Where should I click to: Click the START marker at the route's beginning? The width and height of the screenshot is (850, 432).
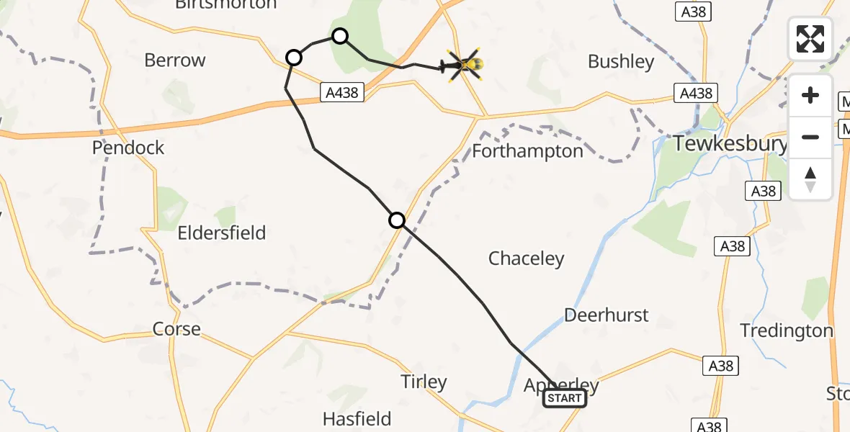(565, 398)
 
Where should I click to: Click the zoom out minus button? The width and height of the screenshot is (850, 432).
(810, 137)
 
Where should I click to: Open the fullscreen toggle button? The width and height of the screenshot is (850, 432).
(810, 39)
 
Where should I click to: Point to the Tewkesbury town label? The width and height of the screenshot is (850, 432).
(730, 144)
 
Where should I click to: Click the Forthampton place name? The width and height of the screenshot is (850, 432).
(528, 151)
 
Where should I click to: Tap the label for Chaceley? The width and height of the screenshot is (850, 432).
(526, 258)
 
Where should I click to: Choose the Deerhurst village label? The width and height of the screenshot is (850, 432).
(606, 315)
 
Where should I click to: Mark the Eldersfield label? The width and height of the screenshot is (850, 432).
(222, 233)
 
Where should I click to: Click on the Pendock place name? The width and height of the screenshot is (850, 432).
(128, 148)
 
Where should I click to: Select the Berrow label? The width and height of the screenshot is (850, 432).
(175, 60)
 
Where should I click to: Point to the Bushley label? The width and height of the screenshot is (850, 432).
(621, 62)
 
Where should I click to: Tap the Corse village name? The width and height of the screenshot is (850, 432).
(176, 329)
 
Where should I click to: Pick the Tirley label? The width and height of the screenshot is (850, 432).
(424, 382)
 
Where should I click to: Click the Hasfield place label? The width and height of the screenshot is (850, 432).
(357, 418)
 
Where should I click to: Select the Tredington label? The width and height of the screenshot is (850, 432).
(787, 330)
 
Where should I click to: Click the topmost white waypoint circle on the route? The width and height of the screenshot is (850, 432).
(340, 36)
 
